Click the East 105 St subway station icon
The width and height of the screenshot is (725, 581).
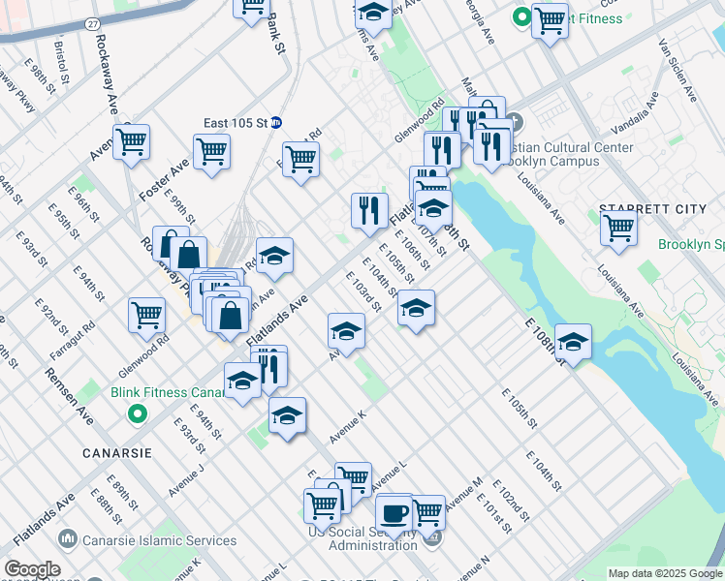(275, 122)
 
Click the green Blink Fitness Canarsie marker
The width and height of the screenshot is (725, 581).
(138, 415)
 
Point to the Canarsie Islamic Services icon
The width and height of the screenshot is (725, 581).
(68, 537)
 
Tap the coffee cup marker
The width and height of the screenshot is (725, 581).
(394, 512)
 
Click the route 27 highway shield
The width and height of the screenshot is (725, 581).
(91, 21)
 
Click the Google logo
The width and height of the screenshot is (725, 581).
(32, 569)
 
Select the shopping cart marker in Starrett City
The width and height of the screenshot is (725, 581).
(617, 229)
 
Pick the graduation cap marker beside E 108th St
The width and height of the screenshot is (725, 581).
(573, 342)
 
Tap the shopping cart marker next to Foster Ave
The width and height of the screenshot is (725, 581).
(211, 151)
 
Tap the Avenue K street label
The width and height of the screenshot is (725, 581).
(348, 426)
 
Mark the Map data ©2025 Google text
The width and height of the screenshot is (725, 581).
(663, 573)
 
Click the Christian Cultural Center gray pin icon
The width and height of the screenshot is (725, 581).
(513, 123)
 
